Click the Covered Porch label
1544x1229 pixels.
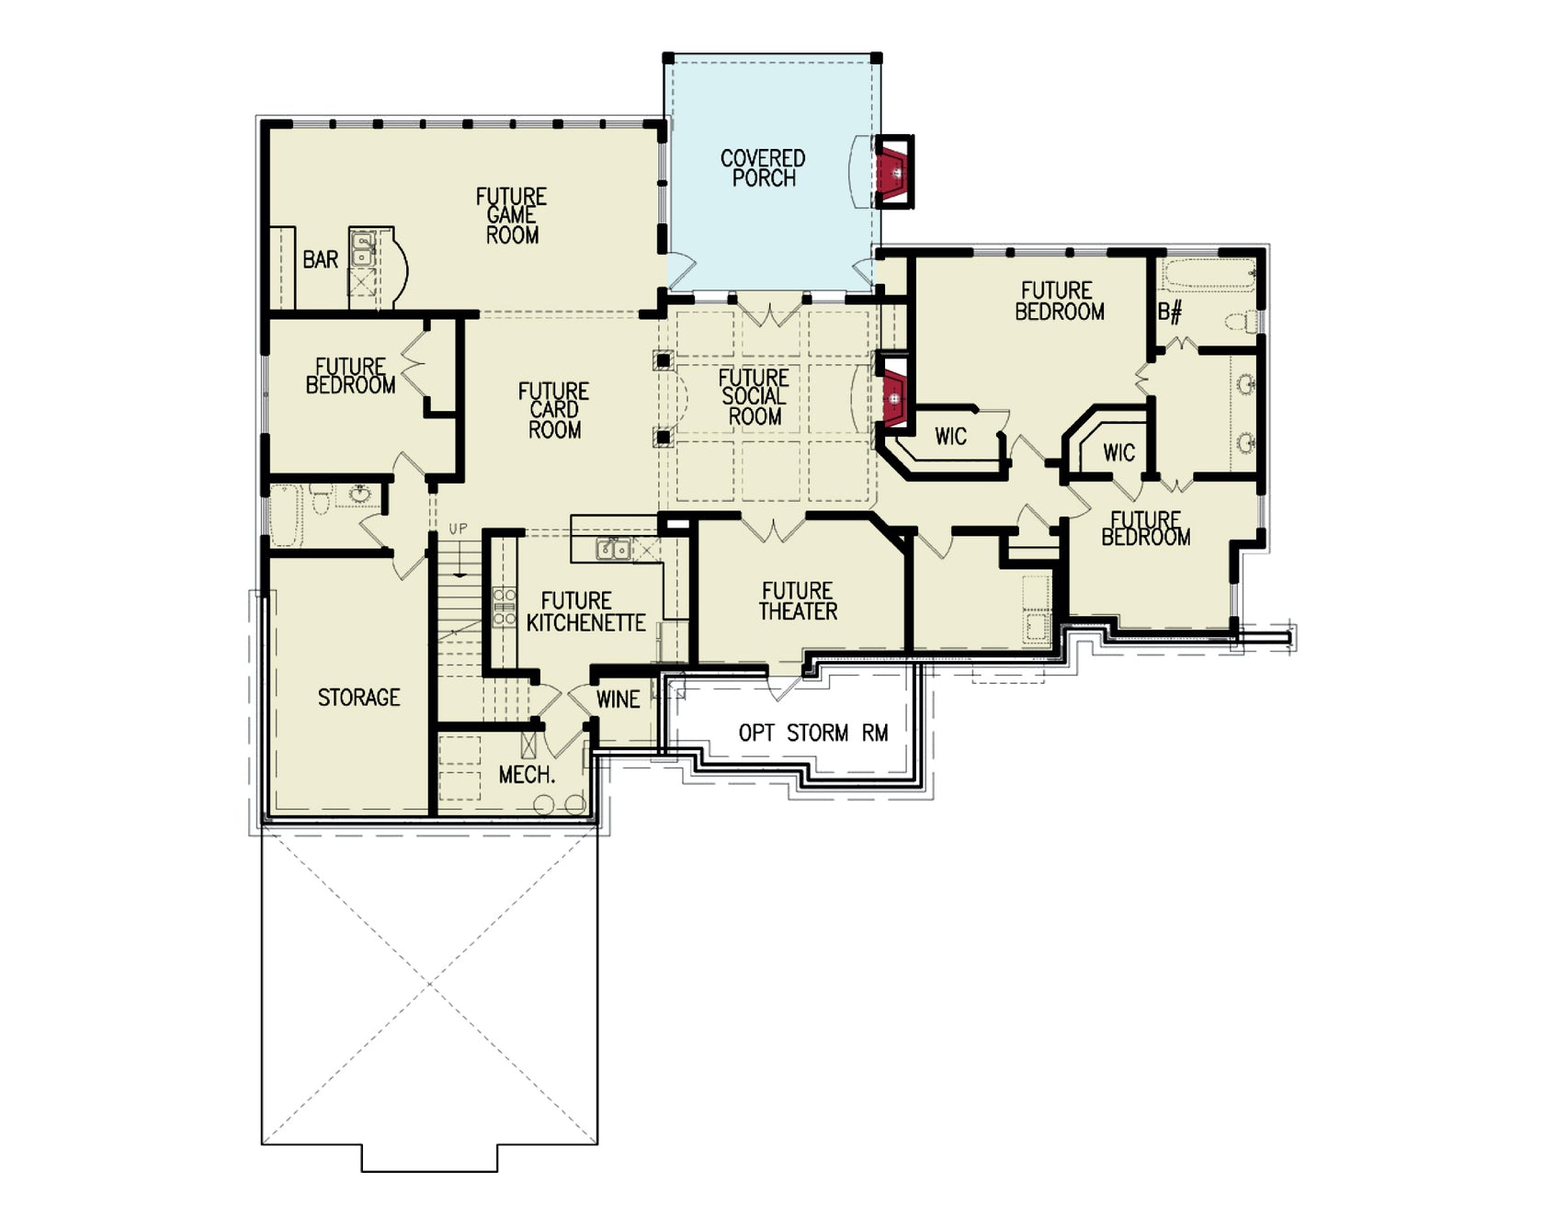(x=762, y=168)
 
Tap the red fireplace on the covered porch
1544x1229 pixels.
(x=891, y=172)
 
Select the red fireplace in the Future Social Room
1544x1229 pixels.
(x=893, y=396)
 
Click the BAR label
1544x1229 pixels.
(x=320, y=260)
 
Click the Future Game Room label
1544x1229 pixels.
(x=511, y=216)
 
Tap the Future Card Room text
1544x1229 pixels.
(x=553, y=410)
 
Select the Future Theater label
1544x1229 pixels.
(x=797, y=601)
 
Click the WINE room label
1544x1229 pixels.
(x=618, y=700)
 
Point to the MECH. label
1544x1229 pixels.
(x=527, y=775)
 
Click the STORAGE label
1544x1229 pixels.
(x=358, y=698)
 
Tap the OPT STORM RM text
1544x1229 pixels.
(x=812, y=733)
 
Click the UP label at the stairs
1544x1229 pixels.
(x=458, y=529)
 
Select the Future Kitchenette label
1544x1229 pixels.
(x=585, y=612)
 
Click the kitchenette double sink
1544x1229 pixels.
(x=612, y=550)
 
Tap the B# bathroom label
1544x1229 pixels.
(x=1169, y=313)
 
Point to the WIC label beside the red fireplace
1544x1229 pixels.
(x=950, y=436)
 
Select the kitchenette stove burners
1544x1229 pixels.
(x=504, y=607)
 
